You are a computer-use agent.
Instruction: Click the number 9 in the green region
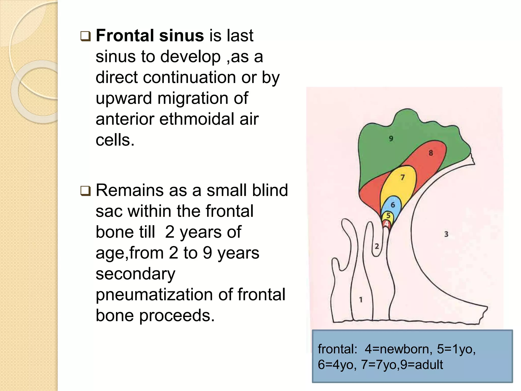click(x=391, y=138)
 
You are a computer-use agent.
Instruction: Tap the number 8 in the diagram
click(x=431, y=153)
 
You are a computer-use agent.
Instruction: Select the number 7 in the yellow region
click(x=402, y=177)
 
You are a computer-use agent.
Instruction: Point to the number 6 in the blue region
click(x=393, y=205)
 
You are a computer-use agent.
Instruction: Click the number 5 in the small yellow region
click(x=388, y=216)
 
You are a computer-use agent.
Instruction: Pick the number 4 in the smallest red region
click(x=386, y=224)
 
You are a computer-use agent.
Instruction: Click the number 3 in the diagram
click(x=446, y=234)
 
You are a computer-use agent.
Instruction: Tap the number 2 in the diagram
click(x=377, y=246)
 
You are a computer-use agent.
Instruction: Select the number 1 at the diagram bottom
click(x=361, y=300)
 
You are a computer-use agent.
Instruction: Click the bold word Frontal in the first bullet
click(x=125, y=35)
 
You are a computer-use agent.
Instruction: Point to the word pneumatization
click(x=154, y=295)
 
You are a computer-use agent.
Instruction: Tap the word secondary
click(x=135, y=274)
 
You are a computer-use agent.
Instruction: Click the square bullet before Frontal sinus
click(x=85, y=36)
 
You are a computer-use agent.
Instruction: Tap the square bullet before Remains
click(x=85, y=191)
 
